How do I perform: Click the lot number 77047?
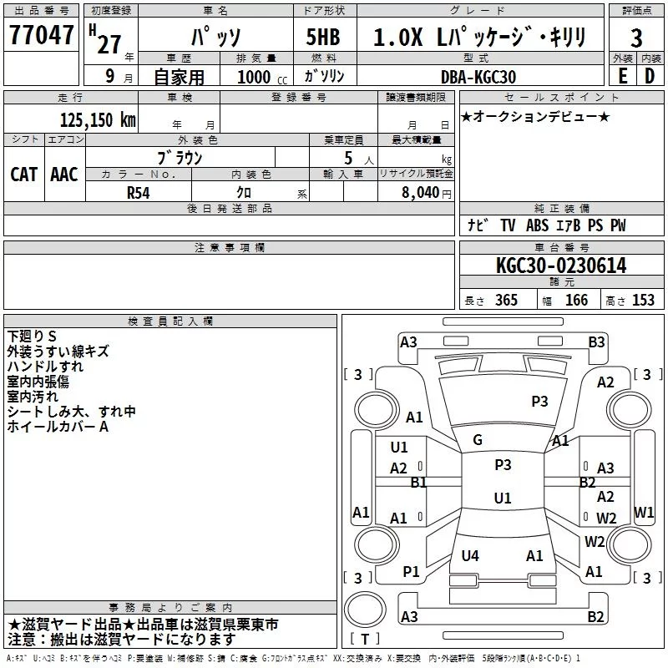pos(41,35)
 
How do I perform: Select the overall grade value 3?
pos(636,38)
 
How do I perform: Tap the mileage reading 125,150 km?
pos(98,119)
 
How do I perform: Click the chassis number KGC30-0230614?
pos(561,266)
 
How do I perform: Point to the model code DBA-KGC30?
pos(478,77)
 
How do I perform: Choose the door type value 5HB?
pos(323,37)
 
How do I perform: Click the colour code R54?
pos(139,193)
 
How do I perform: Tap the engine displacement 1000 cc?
pos(262,77)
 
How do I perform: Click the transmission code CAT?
pos(24,175)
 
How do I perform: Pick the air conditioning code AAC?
pos(64,175)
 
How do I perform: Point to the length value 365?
pos(506,300)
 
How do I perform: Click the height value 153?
pos(643,300)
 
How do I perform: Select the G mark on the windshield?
pos(478,440)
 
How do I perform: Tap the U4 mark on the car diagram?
pos(470,555)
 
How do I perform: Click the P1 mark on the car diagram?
pos(411,572)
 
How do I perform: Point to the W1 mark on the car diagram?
pos(644,512)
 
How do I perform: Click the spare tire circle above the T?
pos(365,610)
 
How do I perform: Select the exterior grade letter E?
pos(623,76)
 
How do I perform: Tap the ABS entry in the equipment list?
pos(537,225)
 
